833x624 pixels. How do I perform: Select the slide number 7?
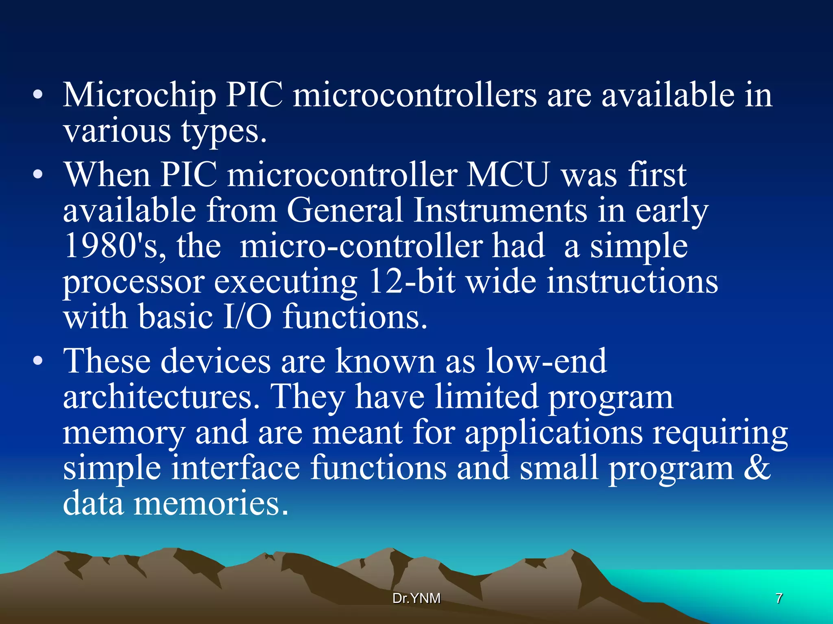pos(779,598)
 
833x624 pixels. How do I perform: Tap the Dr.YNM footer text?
pos(416,598)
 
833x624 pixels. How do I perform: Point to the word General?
pos(345,210)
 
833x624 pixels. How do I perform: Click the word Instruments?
pos(500,210)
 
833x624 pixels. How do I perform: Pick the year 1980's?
pos(115,246)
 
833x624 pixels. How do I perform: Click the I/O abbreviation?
pos(248,317)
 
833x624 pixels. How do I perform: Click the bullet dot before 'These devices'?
pos(38,361)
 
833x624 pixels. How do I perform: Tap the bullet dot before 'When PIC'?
pos(38,175)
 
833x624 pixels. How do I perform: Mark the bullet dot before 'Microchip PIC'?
pos(38,96)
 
